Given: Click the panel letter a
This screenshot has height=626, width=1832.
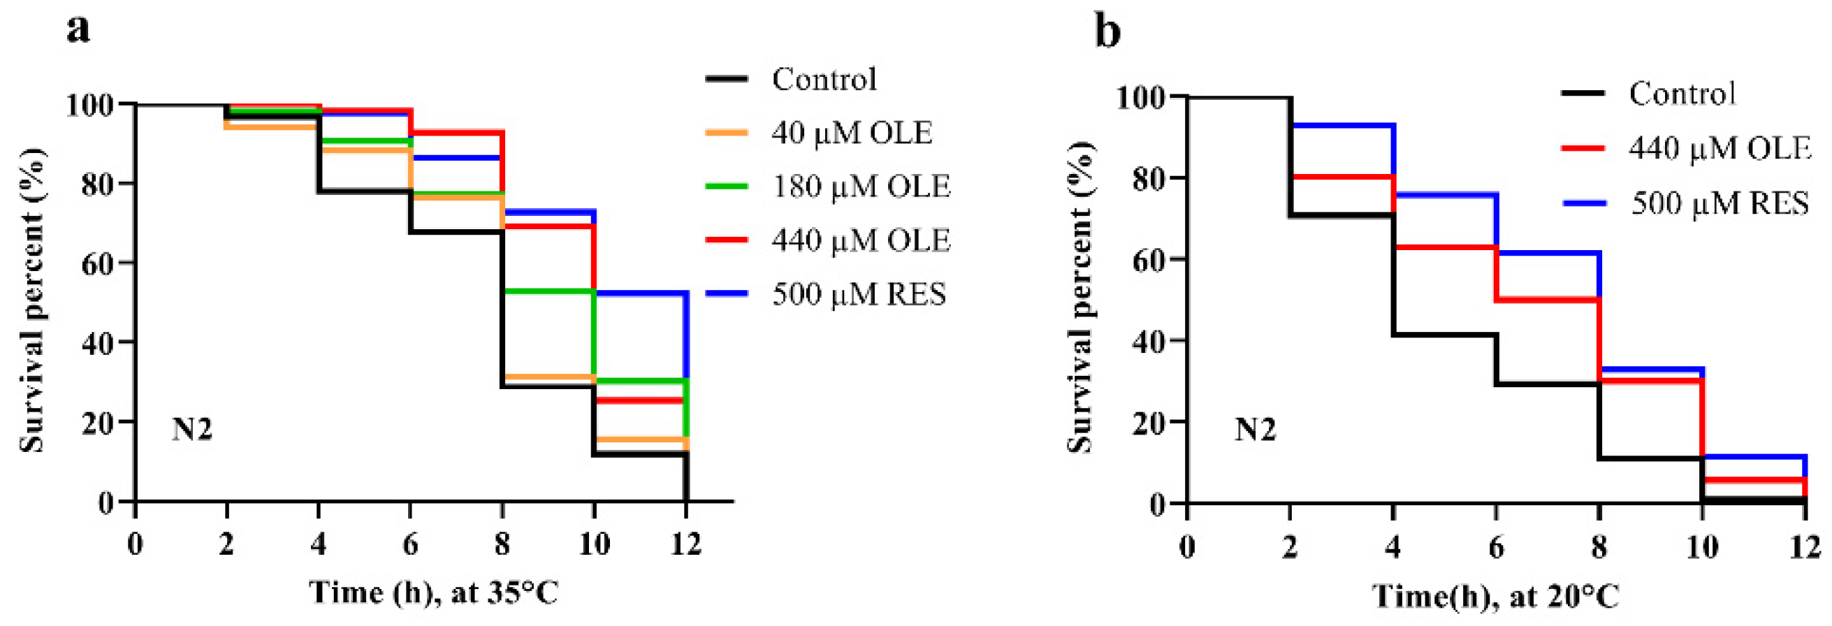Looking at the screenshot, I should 78,30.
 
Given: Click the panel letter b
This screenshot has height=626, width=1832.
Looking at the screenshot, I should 1107,31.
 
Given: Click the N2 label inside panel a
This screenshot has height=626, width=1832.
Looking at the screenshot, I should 192,430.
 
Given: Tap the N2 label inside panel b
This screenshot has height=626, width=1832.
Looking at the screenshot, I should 1256,430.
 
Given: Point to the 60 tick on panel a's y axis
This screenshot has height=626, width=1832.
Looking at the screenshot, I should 96,263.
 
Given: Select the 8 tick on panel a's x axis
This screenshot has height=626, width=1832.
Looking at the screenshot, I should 502,545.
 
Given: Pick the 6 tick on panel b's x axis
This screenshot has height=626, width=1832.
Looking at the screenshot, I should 1496,547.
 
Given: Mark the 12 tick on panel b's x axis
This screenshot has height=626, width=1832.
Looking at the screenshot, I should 1804,547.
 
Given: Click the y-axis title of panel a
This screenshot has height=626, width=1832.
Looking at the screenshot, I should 32,300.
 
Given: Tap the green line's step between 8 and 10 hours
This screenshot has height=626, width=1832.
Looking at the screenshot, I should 548,291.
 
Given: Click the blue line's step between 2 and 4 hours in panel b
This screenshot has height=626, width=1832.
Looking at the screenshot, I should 1342,125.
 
